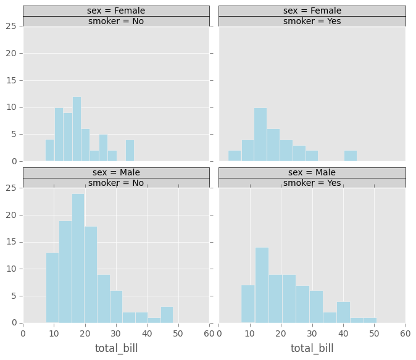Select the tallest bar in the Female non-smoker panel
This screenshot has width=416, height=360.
[x=77, y=129]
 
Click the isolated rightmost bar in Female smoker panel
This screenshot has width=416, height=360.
[x=350, y=156]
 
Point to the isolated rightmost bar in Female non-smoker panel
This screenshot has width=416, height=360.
[x=130, y=151]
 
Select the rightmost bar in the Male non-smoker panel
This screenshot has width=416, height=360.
[x=167, y=314]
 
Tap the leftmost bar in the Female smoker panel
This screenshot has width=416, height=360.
[x=235, y=156]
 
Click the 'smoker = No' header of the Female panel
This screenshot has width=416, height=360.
[x=116, y=21]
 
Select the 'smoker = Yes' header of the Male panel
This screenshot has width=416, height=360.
[x=312, y=183]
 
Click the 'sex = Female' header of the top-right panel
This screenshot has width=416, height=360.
[x=312, y=10]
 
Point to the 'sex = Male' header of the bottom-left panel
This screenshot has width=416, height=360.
[x=116, y=172]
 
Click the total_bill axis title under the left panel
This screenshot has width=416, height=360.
[x=116, y=348]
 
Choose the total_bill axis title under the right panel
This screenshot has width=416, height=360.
[x=312, y=348]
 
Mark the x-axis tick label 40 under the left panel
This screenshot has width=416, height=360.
[x=147, y=333]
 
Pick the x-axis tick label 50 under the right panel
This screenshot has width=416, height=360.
[x=375, y=333]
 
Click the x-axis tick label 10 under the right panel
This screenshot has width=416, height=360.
[x=250, y=333]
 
